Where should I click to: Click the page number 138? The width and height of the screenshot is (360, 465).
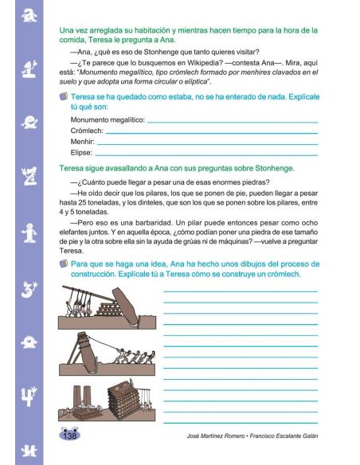(68, 436)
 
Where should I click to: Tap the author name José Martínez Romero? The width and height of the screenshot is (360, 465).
(217, 437)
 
